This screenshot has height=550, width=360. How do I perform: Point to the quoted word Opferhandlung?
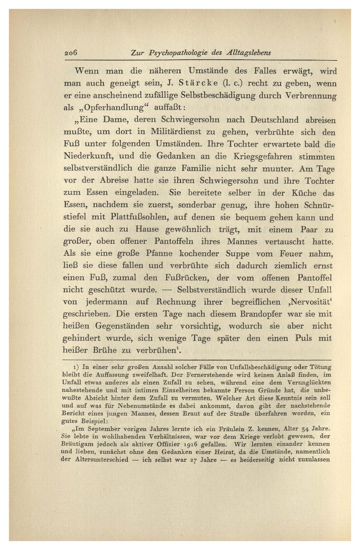(114, 107)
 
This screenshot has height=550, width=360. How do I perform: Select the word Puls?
(303, 338)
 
